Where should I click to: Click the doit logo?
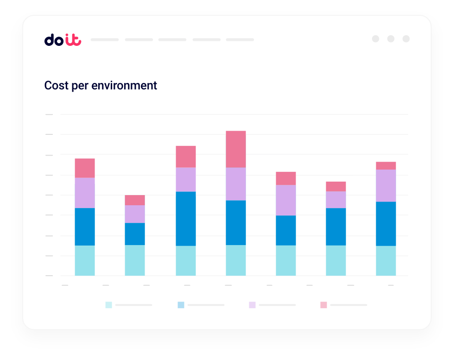(63, 40)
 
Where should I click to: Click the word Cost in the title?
(56, 86)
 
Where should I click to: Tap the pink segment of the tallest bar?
(236, 149)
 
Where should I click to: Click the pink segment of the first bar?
(85, 168)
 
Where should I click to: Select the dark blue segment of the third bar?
(186, 218)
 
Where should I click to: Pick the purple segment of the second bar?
(135, 214)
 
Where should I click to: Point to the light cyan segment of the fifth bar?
(286, 260)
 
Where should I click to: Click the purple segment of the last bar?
(386, 185)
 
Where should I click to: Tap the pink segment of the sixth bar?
(336, 186)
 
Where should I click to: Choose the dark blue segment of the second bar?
(135, 234)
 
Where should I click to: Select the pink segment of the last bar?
(386, 165)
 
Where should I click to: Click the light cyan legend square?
(108, 305)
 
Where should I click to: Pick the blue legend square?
(181, 305)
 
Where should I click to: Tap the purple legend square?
(252, 305)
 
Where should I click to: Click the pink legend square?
(323, 305)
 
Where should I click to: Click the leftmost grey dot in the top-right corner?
(376, 39)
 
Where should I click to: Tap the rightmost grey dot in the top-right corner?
(406, 39)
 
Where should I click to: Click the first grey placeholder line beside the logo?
(105, 40)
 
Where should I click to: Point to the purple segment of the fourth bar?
(236, 183)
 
